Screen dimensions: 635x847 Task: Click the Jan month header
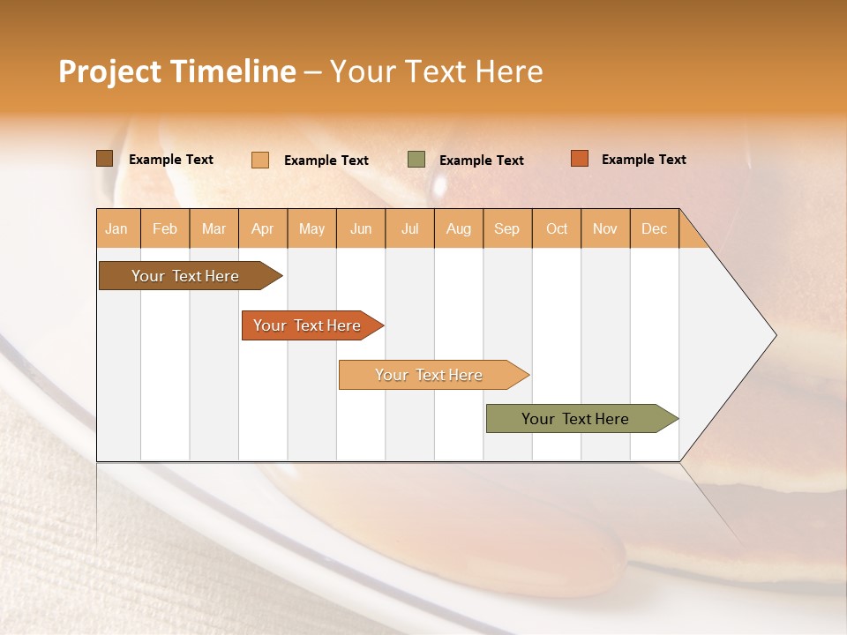[x=117, y=229]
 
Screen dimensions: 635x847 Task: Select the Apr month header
[x=263, y=229]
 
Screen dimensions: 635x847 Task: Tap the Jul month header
[x=410, y=229]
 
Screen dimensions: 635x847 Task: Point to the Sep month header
[x=507, y=229]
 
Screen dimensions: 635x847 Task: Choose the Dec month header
[x=655, y=229]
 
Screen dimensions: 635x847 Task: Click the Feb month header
[x=165, y=229]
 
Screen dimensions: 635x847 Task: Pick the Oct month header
[x=557, y=229]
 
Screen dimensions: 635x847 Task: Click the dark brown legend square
[x=105, y=159]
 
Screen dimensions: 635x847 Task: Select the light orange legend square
[x=260, y=160]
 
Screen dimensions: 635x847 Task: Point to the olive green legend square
[x=416, y=160]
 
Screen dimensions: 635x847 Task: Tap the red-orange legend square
[x=580, y=159]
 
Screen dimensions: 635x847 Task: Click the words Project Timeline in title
[x=176, y=71]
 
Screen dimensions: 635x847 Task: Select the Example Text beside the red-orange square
[x=644, y=160]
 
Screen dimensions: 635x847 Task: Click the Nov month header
[x=605, y=229]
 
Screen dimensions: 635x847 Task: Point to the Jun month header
[x=361, y=229]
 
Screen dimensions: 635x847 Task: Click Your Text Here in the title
[x=437, y=71]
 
